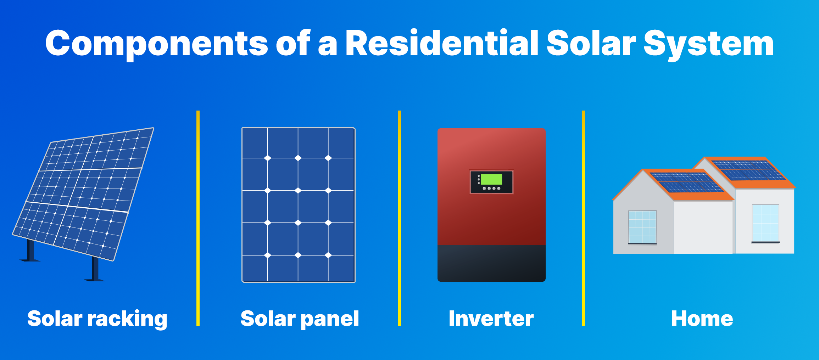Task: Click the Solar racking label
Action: [x=97, y=319]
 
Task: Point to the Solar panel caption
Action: [x=300, y=319]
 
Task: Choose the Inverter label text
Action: [x=491, y=318]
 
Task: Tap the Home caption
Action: [x=702, y=318]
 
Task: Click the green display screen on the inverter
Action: [x=491, y=179]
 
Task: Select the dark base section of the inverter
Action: [x=491, y=263]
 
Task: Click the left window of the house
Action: [x=642, y=227]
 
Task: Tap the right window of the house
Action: [x=765, y=223]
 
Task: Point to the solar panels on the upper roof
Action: [x=748, y=170]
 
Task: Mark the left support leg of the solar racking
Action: [x=30, y=250]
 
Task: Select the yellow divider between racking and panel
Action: [x=198, y=218]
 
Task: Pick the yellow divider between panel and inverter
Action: [x=399, y=218]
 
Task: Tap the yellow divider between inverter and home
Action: [x=583, y=218]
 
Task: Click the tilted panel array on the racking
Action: [x=83, y=194]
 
